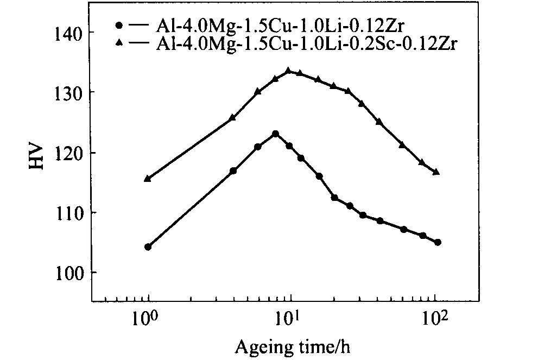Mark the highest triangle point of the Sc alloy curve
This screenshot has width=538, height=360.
coord(288,71)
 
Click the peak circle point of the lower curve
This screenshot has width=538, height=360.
coord(276,133)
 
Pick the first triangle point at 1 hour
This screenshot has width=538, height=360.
coord(148,178)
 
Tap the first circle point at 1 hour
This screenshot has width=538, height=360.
coord(148,247)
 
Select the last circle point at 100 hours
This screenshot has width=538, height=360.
coord(438,242)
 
